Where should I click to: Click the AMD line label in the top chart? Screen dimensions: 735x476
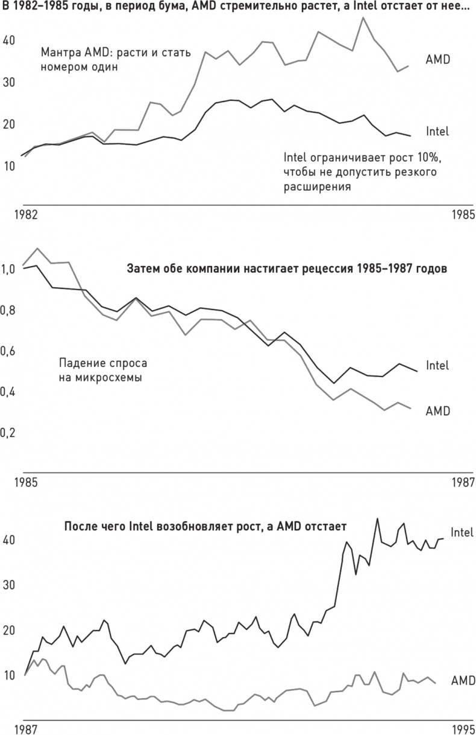click(x=438, y=59)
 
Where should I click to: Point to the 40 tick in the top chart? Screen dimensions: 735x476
click(x=9, y=40)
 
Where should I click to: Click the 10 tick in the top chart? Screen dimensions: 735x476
click(x=8, y=165)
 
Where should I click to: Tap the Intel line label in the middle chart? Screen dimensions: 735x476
click(x=437, y=365)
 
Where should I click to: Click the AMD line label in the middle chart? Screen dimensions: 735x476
click(x=439, y=411)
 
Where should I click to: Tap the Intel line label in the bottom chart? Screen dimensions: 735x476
click(x=462, y=532)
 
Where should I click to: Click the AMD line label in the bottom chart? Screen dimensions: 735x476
click(x=463, y=681)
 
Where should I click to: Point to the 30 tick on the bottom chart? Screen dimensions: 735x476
click(x=9, y=585)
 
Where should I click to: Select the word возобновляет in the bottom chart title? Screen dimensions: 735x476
click(x=190, y=526)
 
